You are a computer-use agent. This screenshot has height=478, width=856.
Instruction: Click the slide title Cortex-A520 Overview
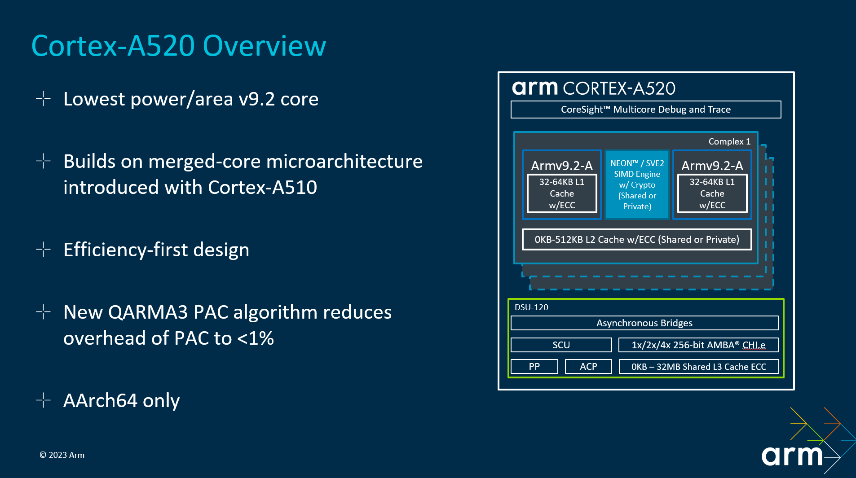[x=179, y=46]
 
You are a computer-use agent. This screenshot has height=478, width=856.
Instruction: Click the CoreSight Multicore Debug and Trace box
[x=645, y=110]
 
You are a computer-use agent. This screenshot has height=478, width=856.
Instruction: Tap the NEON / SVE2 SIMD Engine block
[x=637, y=184]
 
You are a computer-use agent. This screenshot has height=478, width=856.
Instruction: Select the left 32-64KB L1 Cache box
[x=561, y=193]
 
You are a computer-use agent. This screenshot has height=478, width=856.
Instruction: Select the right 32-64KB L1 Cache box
[x=712, y=193]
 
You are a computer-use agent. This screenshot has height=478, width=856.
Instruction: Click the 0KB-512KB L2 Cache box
[x=636, y=240]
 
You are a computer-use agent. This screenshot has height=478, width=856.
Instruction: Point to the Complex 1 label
[x=729, y=141]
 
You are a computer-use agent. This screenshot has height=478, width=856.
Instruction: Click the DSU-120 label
[x=531, y=307]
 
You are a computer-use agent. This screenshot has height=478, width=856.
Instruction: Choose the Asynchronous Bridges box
[x=644, y=323]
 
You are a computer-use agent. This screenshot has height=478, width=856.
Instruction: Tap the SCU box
[x=561, y=345]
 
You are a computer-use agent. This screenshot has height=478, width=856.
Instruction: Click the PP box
[x=534, y=367]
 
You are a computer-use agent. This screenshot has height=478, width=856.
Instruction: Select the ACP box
[x=588, y=367]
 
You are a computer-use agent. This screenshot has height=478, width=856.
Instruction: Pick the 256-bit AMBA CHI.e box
[x=698, y=345]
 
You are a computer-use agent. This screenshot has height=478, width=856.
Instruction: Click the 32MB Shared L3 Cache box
[x=698, y=367]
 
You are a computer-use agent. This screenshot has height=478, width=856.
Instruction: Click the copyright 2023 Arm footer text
[x=62, y=455]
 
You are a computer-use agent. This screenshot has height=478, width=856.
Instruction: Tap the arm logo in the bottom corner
[x=792, y=456]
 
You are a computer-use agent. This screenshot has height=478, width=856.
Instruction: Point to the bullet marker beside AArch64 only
[x=43, y=400]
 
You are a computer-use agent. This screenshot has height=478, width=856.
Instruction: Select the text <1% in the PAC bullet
[x=255, y=338]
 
